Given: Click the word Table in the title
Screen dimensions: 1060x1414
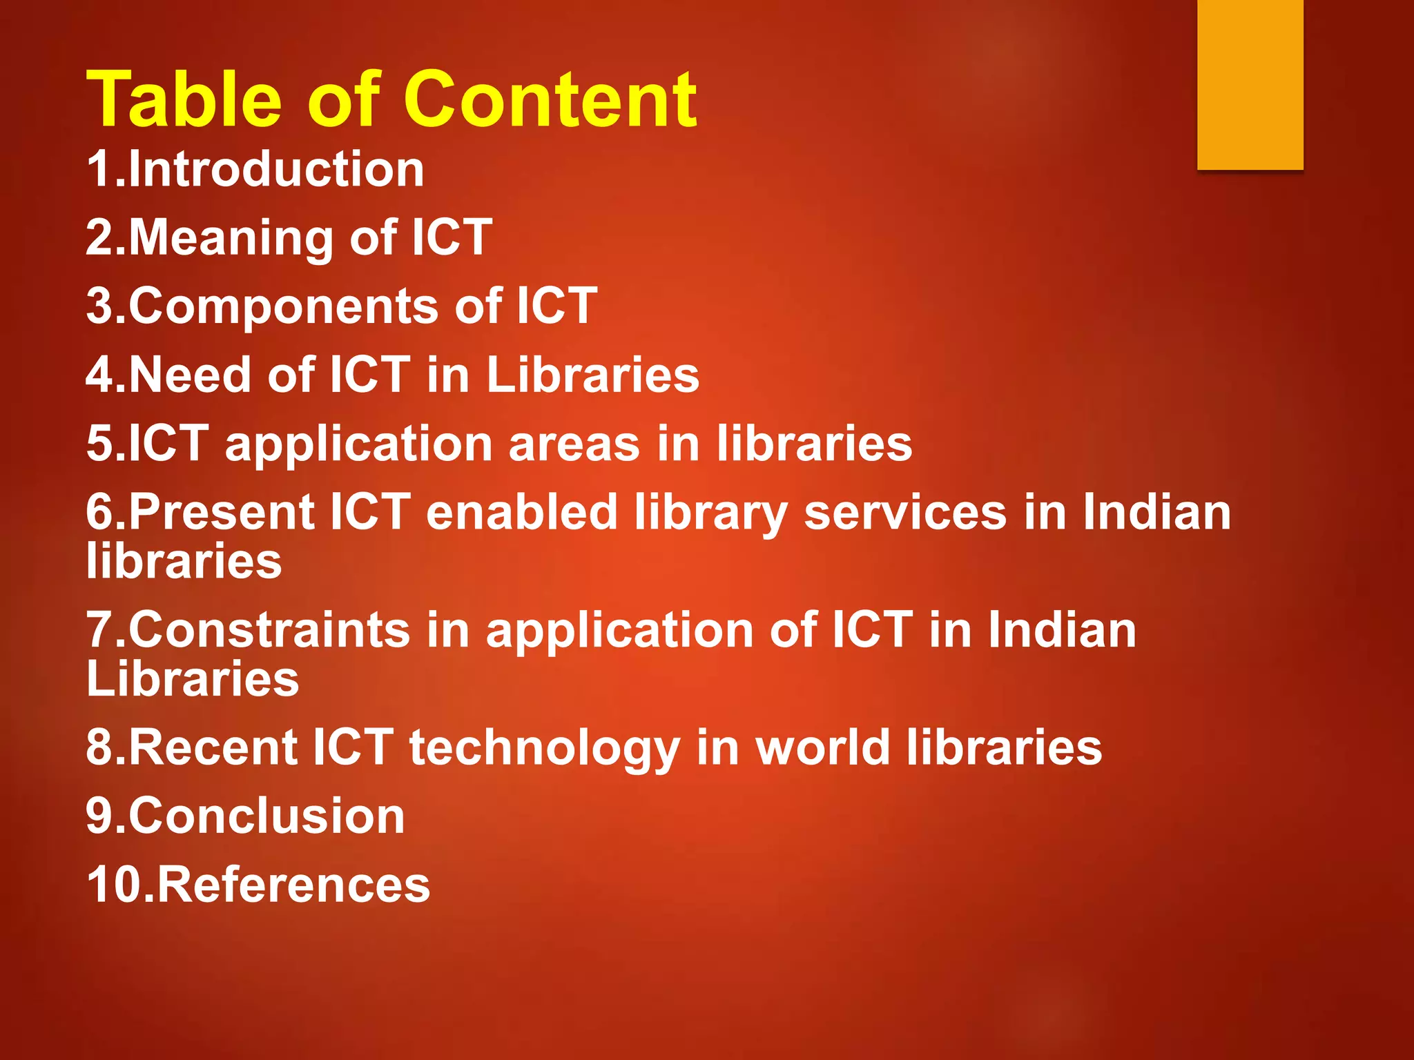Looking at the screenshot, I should pyautogui.click(x=184, y=100).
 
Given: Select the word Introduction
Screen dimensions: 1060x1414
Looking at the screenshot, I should pyautogui.click(x=276, y=169).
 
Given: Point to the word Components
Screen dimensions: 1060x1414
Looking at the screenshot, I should pyautogui.click(x=283, y=306).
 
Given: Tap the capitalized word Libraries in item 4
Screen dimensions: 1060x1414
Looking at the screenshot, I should pyautogui.click(x=593, y=375).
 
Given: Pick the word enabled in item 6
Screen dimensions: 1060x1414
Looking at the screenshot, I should pyautogui.click(x=522, y=512).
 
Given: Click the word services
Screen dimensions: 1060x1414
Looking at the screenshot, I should pyautogui.click(x=905, y=512).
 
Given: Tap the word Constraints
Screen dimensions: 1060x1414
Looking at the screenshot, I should pyautogui.click(x=269, y=630).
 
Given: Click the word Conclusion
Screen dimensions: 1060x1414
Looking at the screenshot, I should pyautogui.click(x=267, y=816).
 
